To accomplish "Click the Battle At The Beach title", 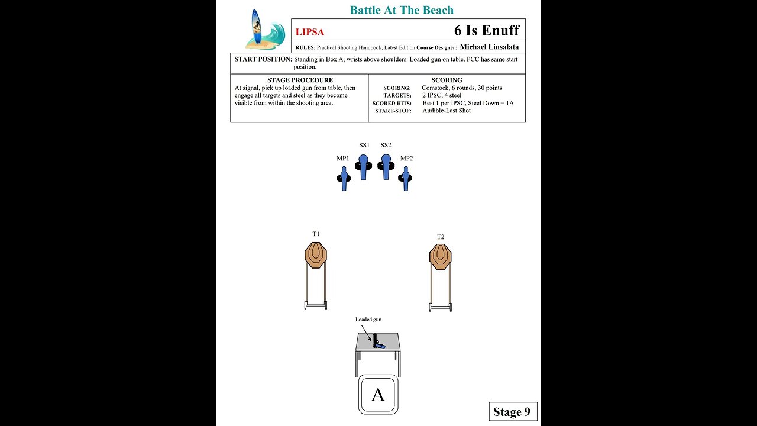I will [402, 10].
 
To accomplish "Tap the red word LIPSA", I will [310, 33].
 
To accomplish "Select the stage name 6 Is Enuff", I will [486, 30].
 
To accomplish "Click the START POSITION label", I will [263, 59].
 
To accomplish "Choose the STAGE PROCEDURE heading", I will [300, 80].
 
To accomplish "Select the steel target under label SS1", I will [364, 166].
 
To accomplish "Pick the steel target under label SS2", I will [386, 166].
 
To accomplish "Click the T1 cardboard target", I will [316, 256].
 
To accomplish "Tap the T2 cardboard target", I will [441, 257].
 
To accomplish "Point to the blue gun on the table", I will [377, 344].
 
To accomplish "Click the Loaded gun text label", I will [368, 319].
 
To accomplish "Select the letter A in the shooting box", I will [378, 395].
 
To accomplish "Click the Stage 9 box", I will [513, 412].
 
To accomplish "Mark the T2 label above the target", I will [441, 237].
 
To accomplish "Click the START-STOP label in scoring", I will [393, 111].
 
